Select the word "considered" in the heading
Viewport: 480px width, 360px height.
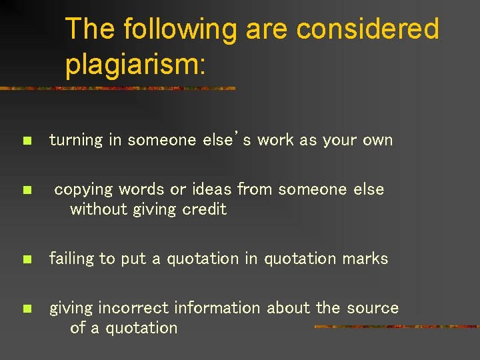[367, 29]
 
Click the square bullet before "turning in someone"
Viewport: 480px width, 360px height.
[26, 141]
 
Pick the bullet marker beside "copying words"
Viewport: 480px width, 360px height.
[26, 190]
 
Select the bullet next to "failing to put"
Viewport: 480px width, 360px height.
[26, 259]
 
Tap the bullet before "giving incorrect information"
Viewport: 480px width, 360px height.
[26, 309]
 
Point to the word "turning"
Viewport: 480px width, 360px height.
[76, 140]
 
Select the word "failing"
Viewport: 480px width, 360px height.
[72, 259]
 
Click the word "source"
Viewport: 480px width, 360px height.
[372, 308]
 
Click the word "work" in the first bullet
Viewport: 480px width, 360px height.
[274, 140]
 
